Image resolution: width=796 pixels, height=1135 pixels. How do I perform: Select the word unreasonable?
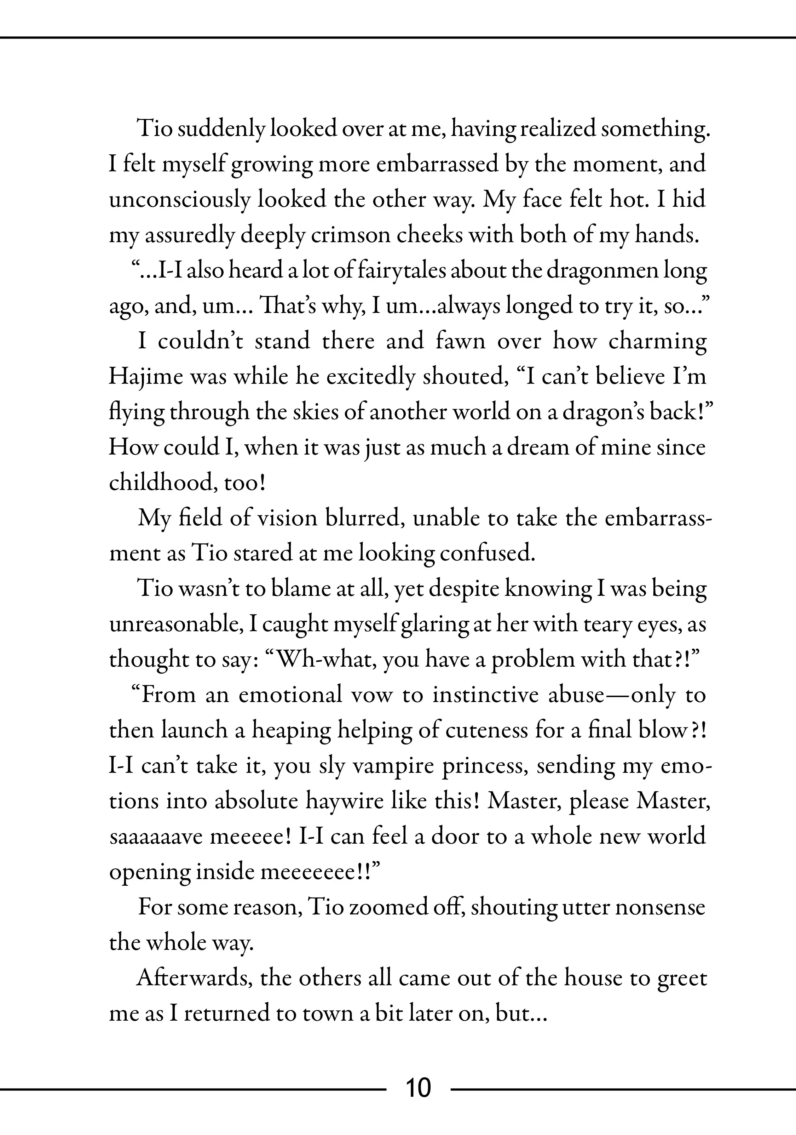175,624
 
